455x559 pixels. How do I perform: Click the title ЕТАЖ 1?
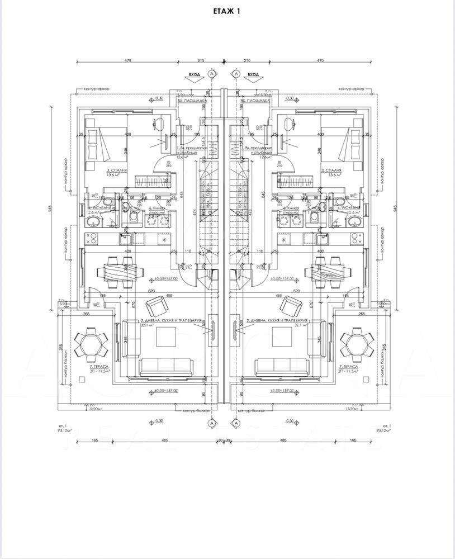pos(228,11)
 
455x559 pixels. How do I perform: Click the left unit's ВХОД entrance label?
pos(195,74)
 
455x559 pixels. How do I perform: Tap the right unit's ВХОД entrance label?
pos(253,74)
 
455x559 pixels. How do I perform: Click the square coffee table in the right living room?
pos(285,338)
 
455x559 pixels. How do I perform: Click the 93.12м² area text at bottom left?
pos(57,431)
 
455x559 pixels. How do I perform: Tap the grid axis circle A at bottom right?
pos(236,423)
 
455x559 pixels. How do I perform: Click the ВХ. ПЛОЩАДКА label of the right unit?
pos(255,102)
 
